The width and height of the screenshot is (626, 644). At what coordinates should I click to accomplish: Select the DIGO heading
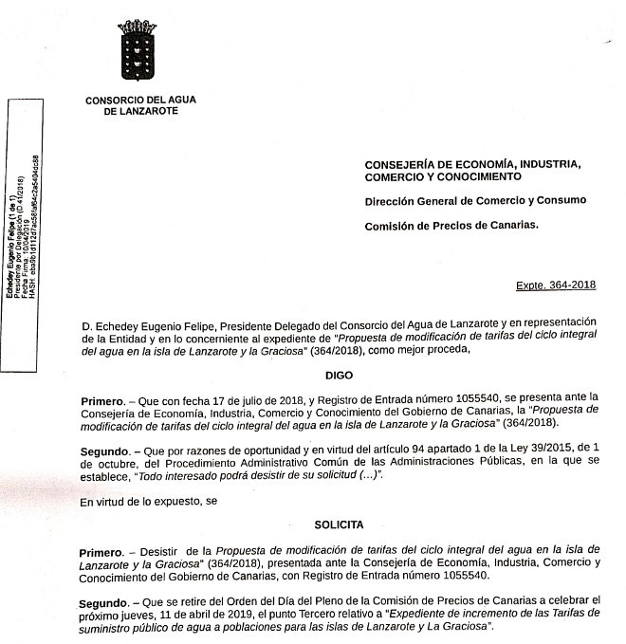[339, 375]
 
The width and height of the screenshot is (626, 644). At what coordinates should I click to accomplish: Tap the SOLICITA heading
[339, 524]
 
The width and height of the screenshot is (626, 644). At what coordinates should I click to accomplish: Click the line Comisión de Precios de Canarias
[451, 225]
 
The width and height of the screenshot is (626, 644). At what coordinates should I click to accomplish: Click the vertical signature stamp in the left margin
[21, 228]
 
